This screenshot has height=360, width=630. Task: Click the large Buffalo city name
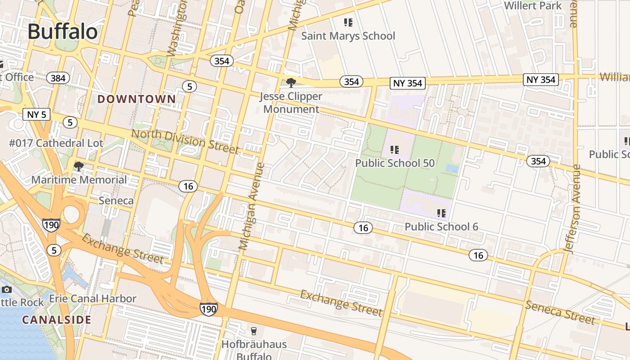coord(63,31)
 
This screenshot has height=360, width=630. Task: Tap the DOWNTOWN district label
coord(137,99)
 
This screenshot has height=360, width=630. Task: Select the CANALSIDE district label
coord(57,320)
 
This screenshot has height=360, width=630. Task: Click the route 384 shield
coord(58,78)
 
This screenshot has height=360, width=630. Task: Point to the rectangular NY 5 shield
coord(36,114)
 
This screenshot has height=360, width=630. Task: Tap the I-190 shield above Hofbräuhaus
coord(209,308)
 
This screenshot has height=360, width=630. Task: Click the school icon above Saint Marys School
coord(348,22)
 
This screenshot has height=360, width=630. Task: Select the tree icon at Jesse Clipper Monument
coord(291,82)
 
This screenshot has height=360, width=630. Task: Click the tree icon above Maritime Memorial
coord(79,166)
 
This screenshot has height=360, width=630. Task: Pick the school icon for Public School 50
coord(395,149)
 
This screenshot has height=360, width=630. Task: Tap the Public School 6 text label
coord(441,226)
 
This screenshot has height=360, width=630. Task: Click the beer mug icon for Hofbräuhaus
coord(254,331)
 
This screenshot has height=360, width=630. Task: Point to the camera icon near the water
coord(6,289)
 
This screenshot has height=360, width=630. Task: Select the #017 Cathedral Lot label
coord(56,143)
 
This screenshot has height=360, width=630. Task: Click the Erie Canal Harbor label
coord(92,298)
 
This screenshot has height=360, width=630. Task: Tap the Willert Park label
coord(533,6)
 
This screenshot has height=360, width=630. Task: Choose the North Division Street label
coord(185,141)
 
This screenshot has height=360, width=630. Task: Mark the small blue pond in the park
coord(452,168)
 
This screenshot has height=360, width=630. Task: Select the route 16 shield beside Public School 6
coord(363,228)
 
